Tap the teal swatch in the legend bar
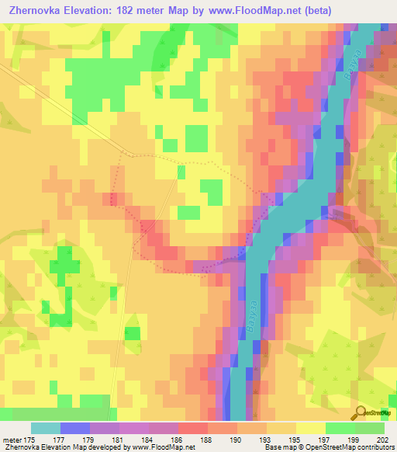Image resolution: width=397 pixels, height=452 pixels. (46, 428)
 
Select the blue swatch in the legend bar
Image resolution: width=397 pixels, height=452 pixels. (75, 428)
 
